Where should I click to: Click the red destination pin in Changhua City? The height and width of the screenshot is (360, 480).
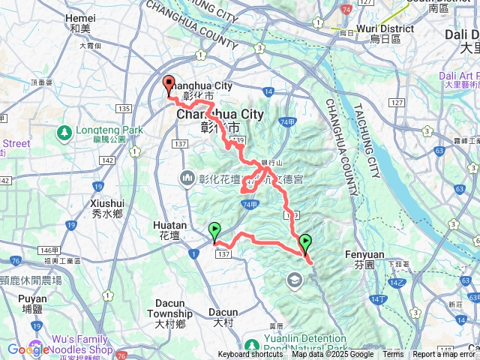tap(169, 85)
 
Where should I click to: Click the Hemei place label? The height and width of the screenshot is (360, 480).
tap(80, 22)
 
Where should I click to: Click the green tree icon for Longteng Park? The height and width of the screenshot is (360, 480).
tap(64, 133)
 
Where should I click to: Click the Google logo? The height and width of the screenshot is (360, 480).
tap(28, 349)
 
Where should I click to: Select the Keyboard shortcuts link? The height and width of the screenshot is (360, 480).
tap(250, 355)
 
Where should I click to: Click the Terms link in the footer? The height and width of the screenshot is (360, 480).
tap(393, 355)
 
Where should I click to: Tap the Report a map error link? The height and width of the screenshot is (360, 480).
tap(444, 355)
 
